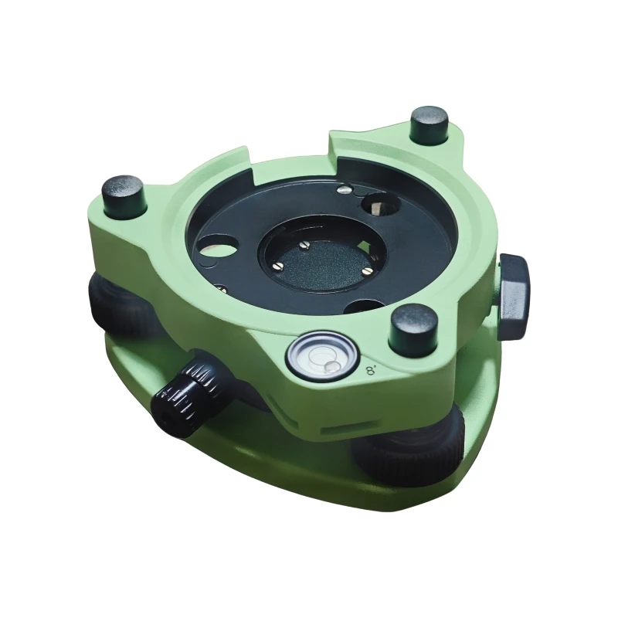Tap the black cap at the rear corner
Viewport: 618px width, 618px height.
430,124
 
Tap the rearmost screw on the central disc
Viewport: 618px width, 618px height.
304,245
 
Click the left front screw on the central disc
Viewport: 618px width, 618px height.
278,267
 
